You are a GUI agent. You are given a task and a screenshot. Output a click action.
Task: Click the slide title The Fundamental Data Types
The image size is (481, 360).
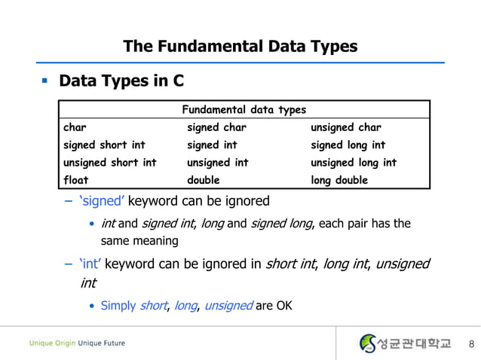(240, 47)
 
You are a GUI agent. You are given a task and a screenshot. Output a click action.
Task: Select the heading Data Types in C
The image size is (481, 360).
(121, 80)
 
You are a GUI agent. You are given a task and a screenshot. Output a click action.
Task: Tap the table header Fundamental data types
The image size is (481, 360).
(244, 110)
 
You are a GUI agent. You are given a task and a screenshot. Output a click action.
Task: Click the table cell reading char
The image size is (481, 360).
(75, 127)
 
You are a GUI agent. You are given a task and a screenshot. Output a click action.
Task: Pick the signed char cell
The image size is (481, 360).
(216, 127)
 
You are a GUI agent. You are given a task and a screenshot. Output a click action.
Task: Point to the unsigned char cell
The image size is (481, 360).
(346, 127)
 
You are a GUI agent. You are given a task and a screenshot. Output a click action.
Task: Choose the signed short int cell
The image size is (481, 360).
(104, 145)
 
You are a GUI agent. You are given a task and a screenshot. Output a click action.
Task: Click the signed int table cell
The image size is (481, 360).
(213, 145)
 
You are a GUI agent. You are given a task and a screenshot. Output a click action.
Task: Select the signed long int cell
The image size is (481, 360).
(348, 145)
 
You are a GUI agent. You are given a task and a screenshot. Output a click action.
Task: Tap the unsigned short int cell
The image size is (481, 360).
(110, 163)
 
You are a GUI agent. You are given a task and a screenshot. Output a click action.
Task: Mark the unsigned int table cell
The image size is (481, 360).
(218, 163)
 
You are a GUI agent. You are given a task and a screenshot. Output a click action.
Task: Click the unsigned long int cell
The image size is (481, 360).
(354, 163)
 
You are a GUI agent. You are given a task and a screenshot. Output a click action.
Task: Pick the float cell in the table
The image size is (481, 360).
(76, 180)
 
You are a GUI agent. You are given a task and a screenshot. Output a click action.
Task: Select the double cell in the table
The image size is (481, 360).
(204, 180)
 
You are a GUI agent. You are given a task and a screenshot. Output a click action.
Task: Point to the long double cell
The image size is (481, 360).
(339, 180)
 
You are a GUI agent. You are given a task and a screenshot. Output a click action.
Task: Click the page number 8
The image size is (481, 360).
(472, 344)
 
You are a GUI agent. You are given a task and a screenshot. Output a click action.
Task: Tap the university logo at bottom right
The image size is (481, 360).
(405, 343)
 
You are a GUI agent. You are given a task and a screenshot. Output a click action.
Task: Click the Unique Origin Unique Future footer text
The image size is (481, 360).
(78, 343)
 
